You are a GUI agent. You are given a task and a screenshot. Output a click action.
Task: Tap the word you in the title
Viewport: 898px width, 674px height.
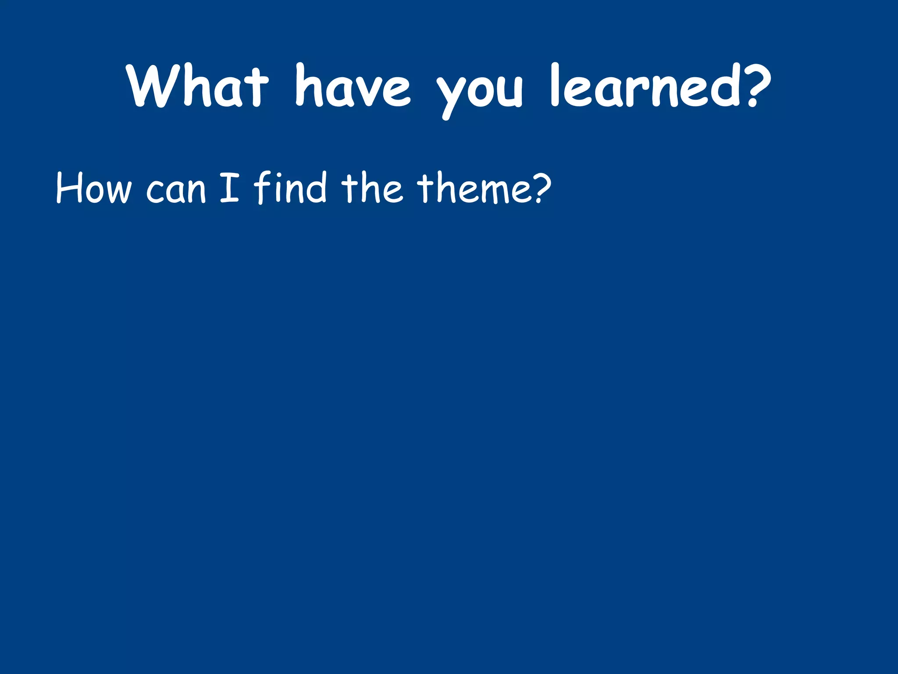point(480,90)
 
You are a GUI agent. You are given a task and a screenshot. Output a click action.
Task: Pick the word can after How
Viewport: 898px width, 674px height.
point(176,191)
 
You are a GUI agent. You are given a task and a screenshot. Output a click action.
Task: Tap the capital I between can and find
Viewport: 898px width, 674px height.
point(229,188)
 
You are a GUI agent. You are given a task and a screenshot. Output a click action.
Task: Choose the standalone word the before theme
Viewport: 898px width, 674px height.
point(372,188)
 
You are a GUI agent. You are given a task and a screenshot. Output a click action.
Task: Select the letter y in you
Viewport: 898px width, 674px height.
point(452,94)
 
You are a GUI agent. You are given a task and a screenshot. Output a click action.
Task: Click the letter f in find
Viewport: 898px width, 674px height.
point(262,188)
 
